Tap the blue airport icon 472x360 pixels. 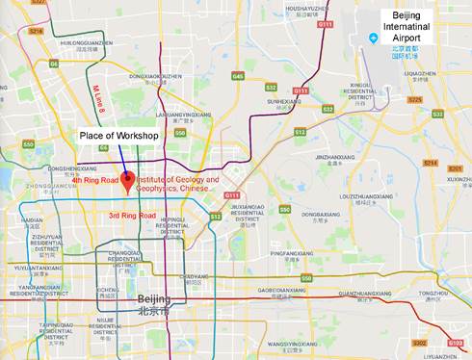pos(374,39)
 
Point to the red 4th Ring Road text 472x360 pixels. pos(94,180)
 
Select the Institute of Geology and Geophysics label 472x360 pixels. pos(177,184)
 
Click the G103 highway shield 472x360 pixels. pos(456,343)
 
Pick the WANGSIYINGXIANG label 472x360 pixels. pos(288,342)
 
